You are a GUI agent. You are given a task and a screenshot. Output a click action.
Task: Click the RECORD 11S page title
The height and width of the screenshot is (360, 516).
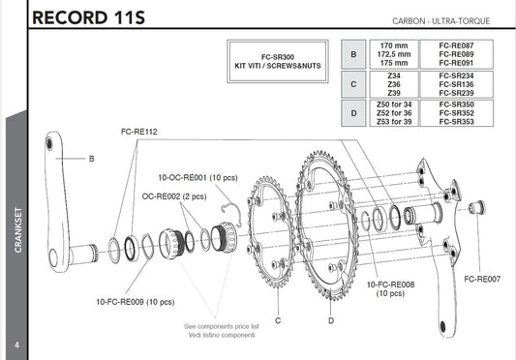[88, 17]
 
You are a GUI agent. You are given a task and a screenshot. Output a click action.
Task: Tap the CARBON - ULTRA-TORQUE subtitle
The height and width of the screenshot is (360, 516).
[440, 21]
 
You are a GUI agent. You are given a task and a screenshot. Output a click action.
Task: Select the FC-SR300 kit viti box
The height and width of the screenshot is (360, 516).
[278, 61]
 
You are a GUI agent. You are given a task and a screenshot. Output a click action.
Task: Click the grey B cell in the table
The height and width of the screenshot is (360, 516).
[353, 54]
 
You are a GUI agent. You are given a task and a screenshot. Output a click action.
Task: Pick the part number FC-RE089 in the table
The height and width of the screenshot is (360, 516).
[456, 54]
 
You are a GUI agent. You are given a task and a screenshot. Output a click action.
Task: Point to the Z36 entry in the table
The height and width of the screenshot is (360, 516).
[394, 84]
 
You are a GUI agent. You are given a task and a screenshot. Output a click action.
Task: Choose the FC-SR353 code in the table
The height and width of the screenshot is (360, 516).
[456, 122]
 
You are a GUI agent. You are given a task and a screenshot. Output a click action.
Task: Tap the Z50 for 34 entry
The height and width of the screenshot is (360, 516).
[394, 105]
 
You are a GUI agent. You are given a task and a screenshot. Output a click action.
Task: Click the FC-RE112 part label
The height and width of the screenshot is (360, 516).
[139, 132]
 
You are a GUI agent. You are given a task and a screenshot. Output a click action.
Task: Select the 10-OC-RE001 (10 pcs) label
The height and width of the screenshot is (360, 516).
[197, 178]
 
